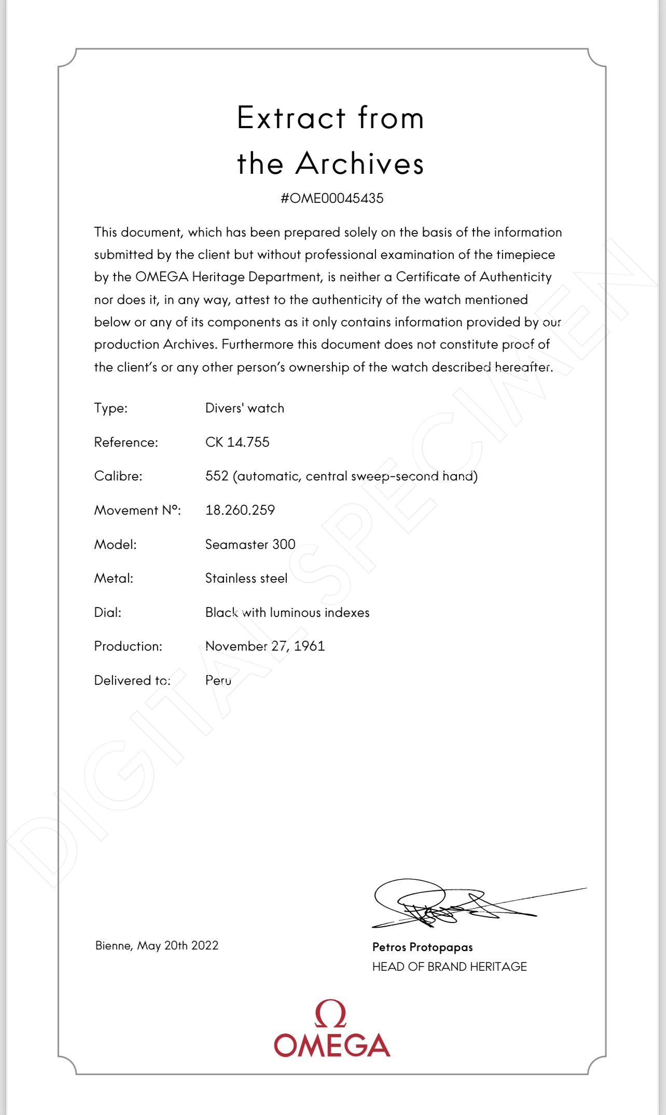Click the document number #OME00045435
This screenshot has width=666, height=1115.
point(332,198)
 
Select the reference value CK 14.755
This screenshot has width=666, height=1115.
point(237,442)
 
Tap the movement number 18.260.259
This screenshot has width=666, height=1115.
point(240,510)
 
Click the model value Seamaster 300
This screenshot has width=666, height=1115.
point(250,544)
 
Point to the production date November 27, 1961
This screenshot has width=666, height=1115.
point(265,646)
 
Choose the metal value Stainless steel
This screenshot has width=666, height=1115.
point(246,578)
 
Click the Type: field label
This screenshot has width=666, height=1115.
point(110,408)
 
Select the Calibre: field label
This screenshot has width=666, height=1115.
point(118,476)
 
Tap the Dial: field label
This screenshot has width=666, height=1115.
point(107,612)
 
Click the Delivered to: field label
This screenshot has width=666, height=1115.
point(132,680)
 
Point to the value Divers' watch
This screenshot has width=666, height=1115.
point(244,408)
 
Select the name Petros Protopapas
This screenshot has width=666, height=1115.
point(422,947)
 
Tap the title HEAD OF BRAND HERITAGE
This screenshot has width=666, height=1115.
point(449,967)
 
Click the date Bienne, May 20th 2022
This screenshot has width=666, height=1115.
point(157,945)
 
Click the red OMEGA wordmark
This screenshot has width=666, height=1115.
point(332,1044)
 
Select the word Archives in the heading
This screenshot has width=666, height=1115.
point(359,163)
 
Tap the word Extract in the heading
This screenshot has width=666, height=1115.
point(291,118)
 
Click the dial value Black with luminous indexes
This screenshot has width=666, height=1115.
point(287,612)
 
